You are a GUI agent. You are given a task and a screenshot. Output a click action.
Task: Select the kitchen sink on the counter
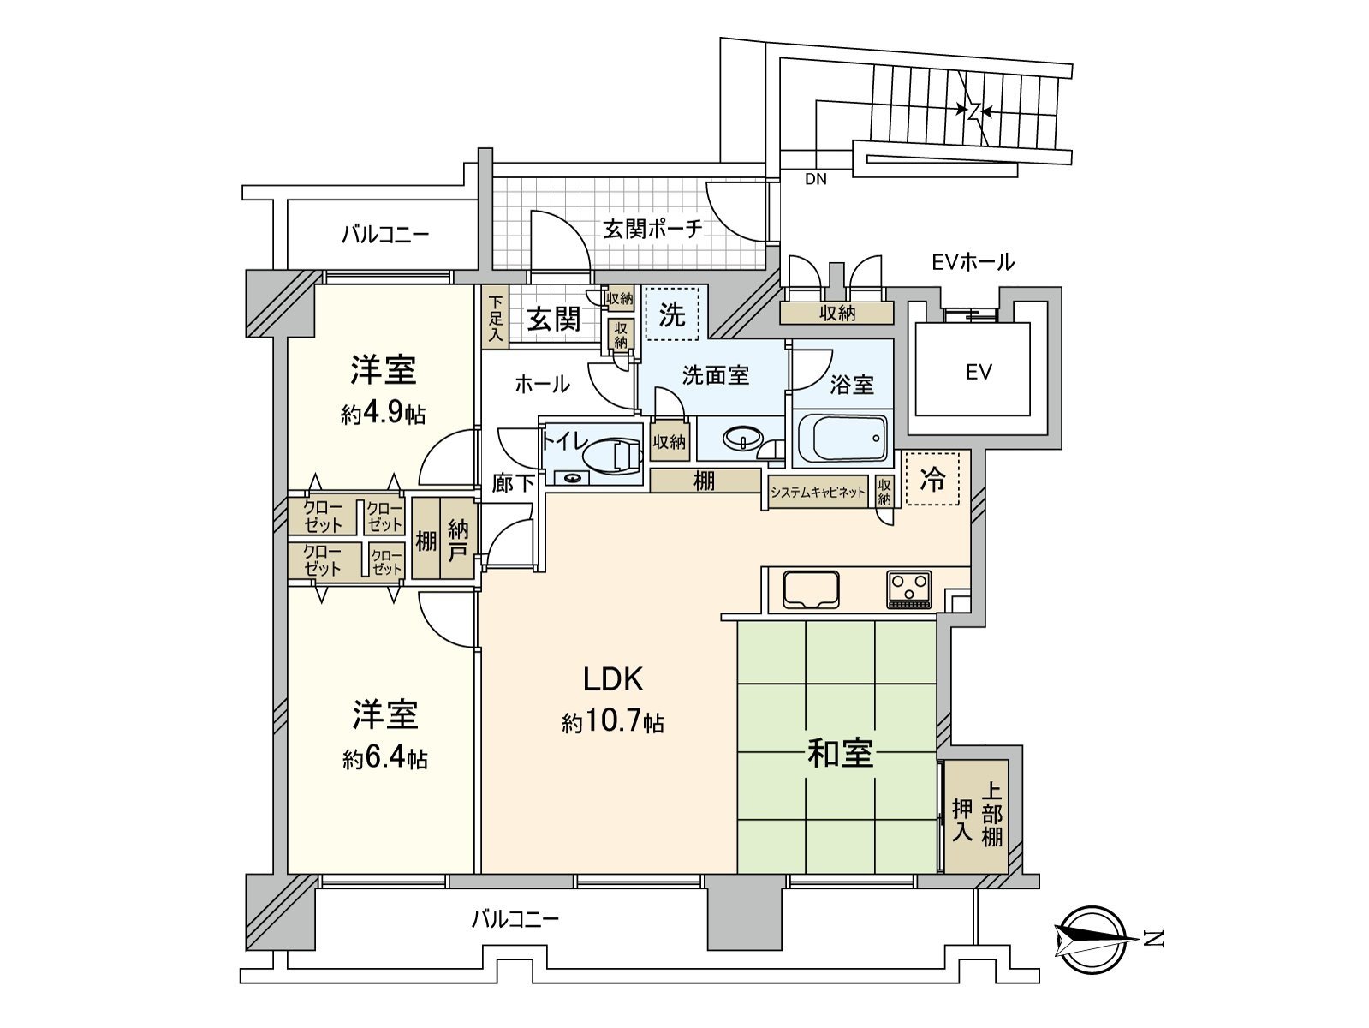810,589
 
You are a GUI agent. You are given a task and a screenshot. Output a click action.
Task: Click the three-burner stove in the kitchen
908,589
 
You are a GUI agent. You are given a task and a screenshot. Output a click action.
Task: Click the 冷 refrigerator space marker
932,480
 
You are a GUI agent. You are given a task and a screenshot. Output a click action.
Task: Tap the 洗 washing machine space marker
672,314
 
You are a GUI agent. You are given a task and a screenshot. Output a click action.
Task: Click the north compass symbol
1092,939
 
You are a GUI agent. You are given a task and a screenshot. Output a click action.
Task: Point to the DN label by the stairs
816,179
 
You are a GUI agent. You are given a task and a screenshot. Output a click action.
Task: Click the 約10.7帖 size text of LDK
613,723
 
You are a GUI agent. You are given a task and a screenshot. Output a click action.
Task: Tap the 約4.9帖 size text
383,415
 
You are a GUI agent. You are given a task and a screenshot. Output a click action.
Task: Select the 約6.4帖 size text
385,758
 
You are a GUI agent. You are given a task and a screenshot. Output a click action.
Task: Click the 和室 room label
840,753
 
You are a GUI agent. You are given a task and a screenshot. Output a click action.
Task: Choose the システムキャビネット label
818,493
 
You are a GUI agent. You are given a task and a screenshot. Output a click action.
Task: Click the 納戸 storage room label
458,540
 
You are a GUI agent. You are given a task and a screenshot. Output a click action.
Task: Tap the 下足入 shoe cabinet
495,320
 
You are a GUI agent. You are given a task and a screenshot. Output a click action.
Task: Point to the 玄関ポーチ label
652,229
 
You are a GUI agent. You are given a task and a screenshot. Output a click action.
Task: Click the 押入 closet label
963,819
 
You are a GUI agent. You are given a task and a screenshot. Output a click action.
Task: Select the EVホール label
973,261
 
